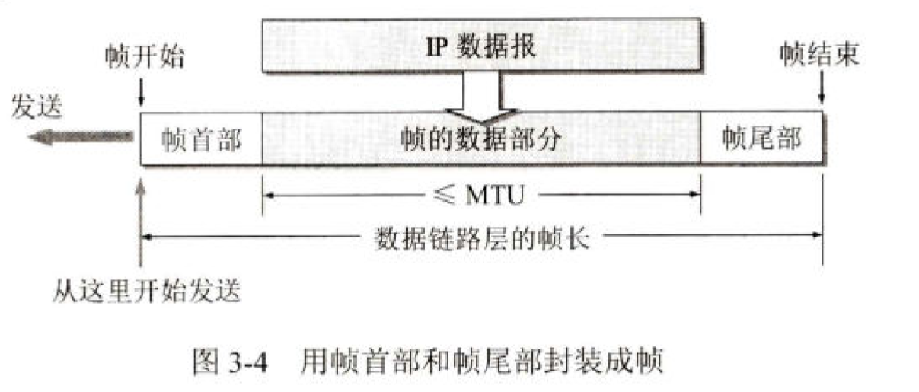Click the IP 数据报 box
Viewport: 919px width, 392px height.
pyautogui.click(x=481, y=45)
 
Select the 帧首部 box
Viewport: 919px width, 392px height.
pyautogui.click(x=201, y=139)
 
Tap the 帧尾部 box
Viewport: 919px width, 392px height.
pyautogui.click(x=761, y=139)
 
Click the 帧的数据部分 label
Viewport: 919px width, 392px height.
pyautogui.click(x=480, y=139)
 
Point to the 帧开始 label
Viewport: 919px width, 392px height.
pyautogui.click(x=144, y=59)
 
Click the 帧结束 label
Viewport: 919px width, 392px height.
pyautogui.click(x=818, y=55)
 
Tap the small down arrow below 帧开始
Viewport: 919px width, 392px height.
pyautogui.click(x=142, y=93)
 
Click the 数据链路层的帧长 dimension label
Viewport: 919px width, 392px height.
pyautogui.click(x=482, y=237)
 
